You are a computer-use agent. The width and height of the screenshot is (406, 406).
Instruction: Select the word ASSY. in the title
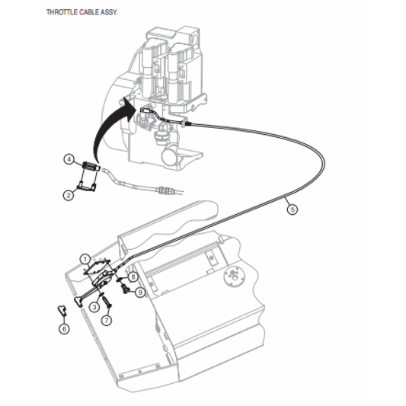(109, 12)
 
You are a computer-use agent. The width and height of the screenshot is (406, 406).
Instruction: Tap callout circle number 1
(85, 259)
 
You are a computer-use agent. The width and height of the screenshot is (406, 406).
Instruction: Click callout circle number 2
(69, 195)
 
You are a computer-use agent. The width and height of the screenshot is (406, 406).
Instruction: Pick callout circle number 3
(94, 307)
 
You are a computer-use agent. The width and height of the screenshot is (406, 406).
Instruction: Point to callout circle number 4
(69, 159)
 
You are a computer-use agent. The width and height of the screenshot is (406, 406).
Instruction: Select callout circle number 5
(293, 209)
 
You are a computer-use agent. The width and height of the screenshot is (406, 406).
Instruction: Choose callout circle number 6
(64, 329)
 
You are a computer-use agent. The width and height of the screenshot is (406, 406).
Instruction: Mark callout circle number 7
(107, 320)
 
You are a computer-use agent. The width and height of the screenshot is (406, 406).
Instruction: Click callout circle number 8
(133, 277)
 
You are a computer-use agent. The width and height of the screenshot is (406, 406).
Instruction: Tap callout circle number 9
(140, 293)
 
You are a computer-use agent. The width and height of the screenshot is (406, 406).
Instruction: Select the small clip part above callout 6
(62, 310)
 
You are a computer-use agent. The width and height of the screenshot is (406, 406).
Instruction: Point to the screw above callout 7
(107, 302)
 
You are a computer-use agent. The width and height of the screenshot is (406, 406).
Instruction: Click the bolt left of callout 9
(126, 289)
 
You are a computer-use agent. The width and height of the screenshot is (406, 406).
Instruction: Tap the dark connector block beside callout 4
(91, 166)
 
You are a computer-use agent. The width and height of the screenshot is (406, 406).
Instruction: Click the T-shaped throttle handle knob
(78, 302)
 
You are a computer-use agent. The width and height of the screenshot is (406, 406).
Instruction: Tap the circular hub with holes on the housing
(234, 277)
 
